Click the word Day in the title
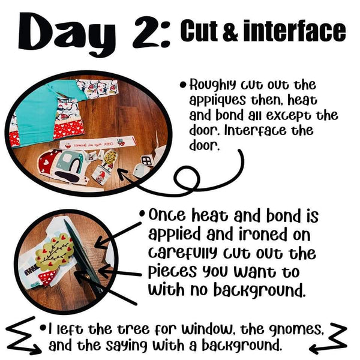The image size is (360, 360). [x=67, y=34]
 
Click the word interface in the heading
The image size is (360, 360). [x=295, y=31]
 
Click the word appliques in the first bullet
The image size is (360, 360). [x=217, y=101]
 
